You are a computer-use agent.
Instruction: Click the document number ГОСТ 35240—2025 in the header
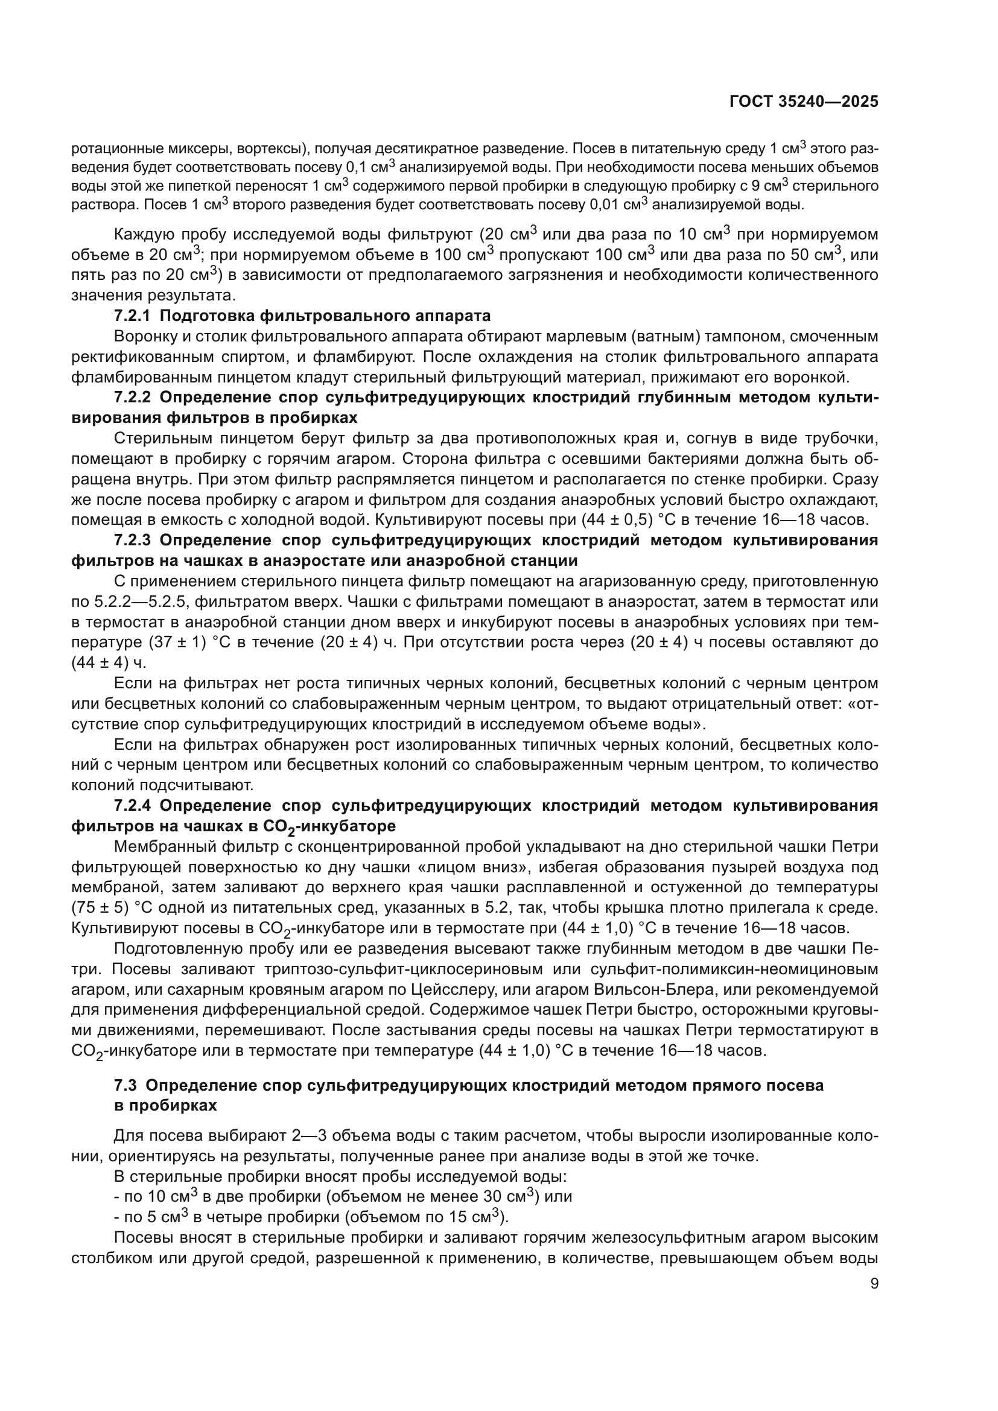(x=803, y=102)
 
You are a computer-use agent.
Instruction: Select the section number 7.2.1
(x=132, y=316)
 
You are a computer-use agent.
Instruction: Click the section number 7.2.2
(x=132, y=397)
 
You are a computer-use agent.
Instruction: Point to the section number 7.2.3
(x=132, y=540)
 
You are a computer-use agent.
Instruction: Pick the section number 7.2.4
(x=132, y=805)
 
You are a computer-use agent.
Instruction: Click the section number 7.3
(x=126, y=1085)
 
